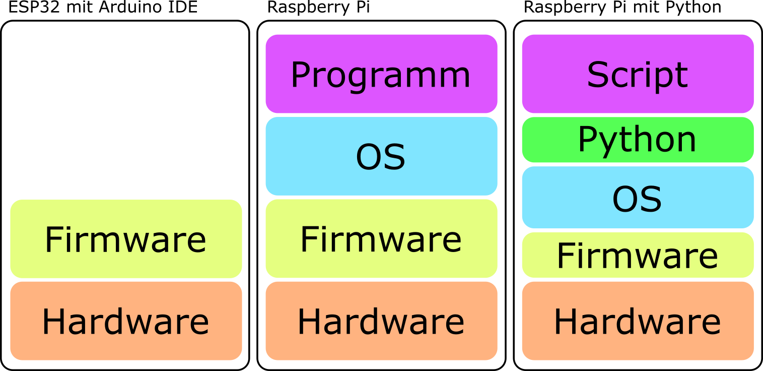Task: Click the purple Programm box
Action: tap(378, 74)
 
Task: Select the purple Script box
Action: tap(634, 74)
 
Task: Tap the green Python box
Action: tap(634, 140)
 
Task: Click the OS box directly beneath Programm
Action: tap(378, 156)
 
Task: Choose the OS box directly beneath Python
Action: tap(634, 198)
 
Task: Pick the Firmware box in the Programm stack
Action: tap(378, 238)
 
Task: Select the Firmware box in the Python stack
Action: tap(634, 255)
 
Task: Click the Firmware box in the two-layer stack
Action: tap(122, 238)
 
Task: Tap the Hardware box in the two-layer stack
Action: tap(122, 321)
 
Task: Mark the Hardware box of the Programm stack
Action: tap(378, 321)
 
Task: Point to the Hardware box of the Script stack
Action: tap(634, 321)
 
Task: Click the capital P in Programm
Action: tap(301, 75)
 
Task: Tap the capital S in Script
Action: tap(598, 75)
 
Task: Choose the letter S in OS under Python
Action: tap(650, 199)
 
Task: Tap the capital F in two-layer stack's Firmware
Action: tap(53, 239)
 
